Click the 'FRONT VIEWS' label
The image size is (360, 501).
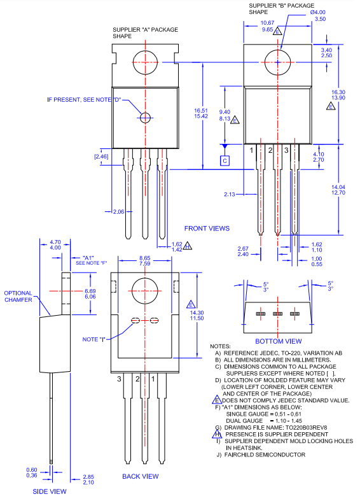tap(207, 228)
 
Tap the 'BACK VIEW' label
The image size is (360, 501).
tap(140, 476)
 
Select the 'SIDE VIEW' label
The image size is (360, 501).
tap(50, 491)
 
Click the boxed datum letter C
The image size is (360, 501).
tap(225, 160)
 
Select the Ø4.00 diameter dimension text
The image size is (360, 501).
tap(318, 13)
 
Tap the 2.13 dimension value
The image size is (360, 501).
tap(231, 194)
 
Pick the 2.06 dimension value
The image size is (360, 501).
tap(118, 211)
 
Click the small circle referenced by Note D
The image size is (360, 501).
tap(146, 117)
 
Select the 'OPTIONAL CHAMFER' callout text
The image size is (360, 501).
tap(18, 297)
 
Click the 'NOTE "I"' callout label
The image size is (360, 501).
tap(93, 339)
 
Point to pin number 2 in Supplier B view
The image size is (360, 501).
tap(270, 150)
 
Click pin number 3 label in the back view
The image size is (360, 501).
tap(119, 378)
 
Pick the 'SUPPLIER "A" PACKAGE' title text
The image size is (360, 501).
tap(145, 30)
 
